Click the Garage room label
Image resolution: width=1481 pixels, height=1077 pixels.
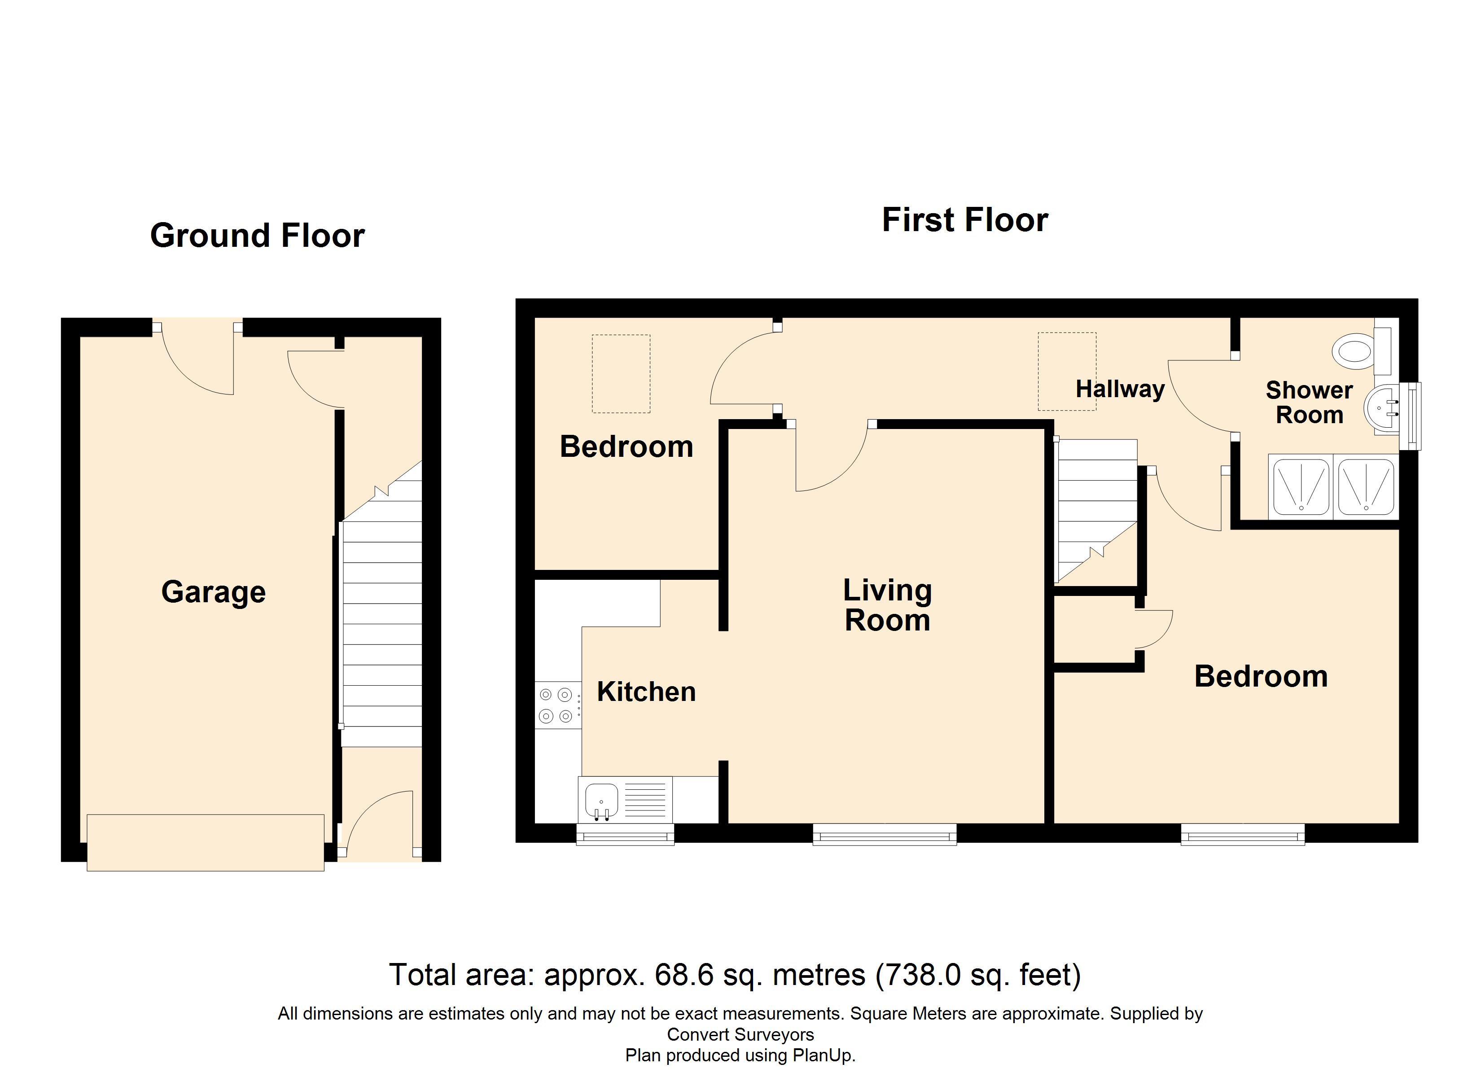pos(214,592)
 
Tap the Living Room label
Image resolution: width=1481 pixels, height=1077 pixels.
pos(887,605)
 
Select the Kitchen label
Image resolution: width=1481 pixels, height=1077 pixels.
pos(646,692)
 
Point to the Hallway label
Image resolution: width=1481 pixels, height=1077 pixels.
pos(1120,389)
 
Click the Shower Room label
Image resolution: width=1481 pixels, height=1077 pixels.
pos(1309,403)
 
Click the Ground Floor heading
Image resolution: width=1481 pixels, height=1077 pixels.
pos(257,235)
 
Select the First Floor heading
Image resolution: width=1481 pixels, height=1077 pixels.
pos(964,219)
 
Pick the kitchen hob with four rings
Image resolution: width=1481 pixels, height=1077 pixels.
pos(556,705)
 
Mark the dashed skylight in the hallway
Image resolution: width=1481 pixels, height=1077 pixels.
pos(1066,371)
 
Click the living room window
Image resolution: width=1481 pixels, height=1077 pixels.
pos(884,834)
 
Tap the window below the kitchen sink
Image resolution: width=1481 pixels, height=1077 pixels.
pos(625,834)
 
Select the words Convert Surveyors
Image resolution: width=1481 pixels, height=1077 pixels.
pos(740,1034)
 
